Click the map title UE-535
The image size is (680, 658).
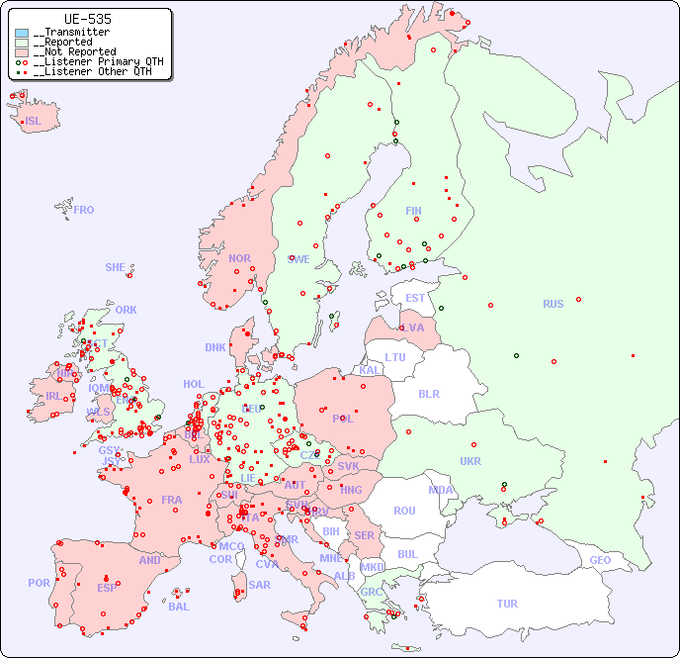click(87, 19)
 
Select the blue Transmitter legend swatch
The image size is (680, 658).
click(22, 33)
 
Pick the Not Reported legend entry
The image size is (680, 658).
click(73, 51)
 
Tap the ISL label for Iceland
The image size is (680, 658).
click(34, 122)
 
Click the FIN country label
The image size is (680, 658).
click(413, 211)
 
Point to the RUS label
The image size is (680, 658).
click(552, 304)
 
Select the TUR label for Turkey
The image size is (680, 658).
click(507, 604)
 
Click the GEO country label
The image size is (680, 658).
click(600, 560)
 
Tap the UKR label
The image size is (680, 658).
click(470, 461)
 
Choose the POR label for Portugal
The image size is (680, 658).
click(39, 583)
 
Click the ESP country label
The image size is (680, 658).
click(107, 587)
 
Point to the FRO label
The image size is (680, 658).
click(84, 210)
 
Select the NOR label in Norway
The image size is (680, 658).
click(239, 258)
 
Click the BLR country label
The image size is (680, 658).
click(429, 393)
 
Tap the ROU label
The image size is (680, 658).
click(404, 511)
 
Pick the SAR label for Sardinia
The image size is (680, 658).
click(259, 585)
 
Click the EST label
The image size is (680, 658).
click(415, 298)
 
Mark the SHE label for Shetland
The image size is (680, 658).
click(116, 267)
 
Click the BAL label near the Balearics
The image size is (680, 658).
click(179, 607)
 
